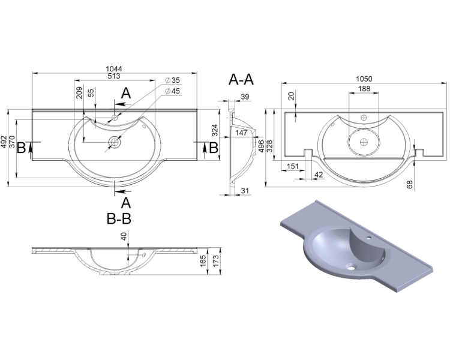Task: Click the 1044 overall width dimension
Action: [x=114, y=69]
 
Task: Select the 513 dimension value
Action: [x=114, y=76]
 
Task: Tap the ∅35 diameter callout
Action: [x=172, y=80]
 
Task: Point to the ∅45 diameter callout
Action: [x=172, y=91]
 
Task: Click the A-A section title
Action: [x=241, y=79]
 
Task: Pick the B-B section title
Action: [x=119, y=219]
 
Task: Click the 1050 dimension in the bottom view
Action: [x=364, y=79]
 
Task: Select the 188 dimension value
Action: [x=364, y=89]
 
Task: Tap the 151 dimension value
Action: [x=293, y=166]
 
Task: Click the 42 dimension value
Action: [x=319, y=175]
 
